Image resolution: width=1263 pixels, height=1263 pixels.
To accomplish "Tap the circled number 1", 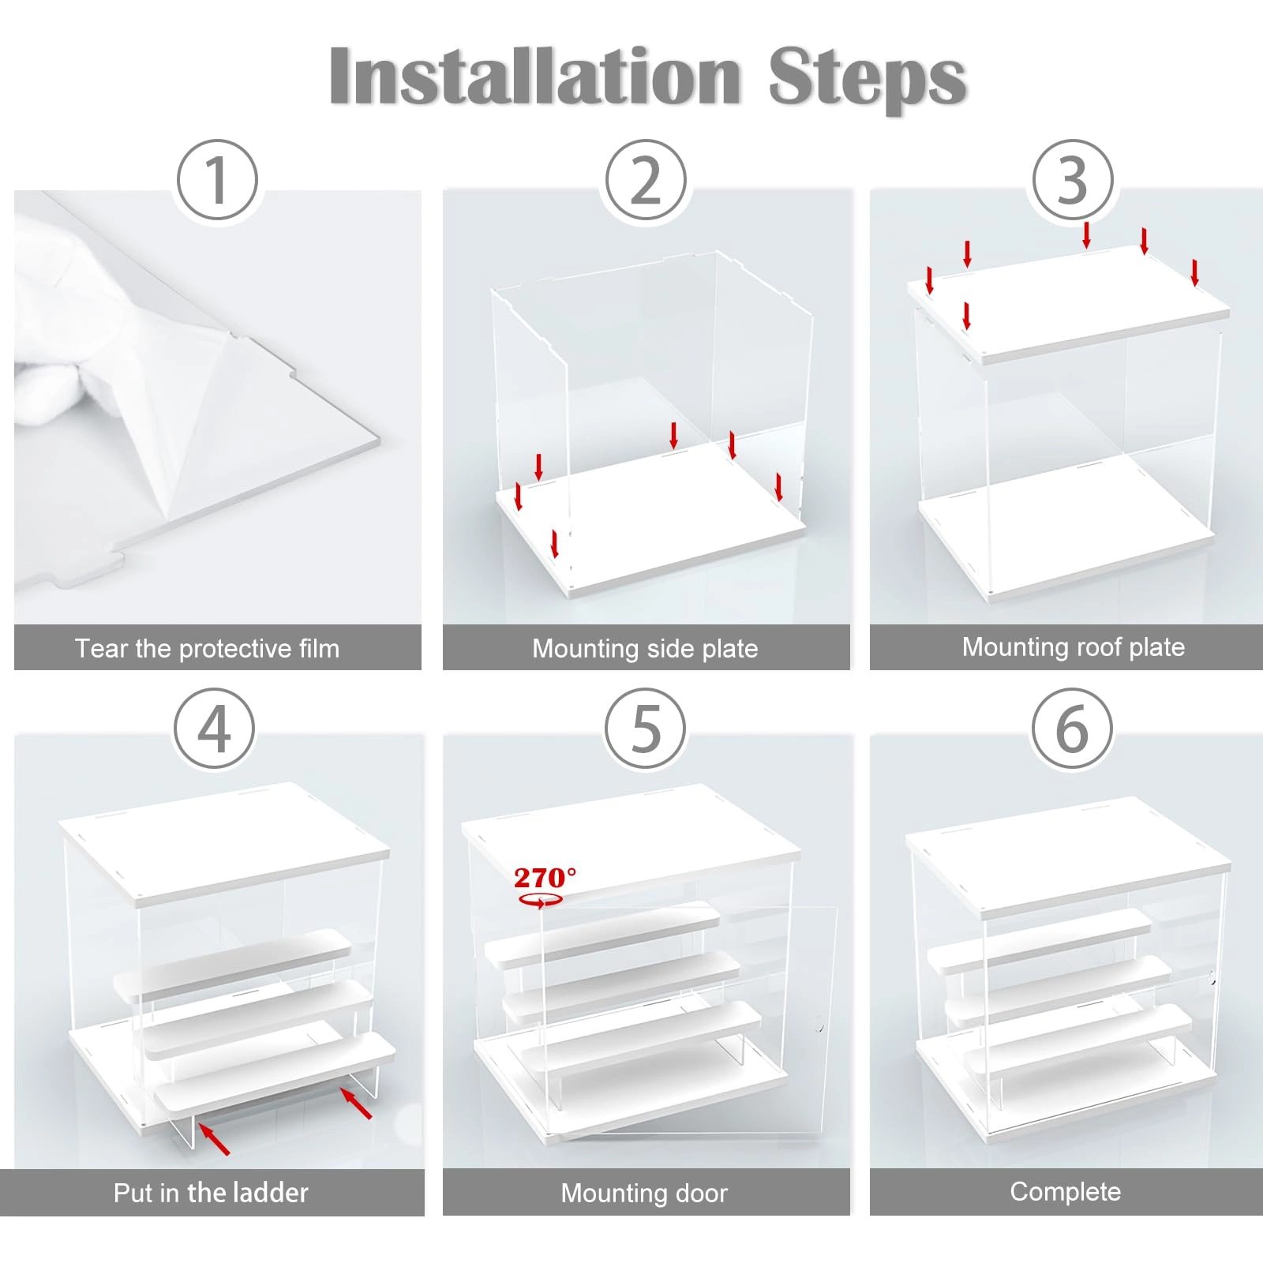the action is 217,181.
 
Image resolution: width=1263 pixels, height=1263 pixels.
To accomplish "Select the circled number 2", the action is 646,181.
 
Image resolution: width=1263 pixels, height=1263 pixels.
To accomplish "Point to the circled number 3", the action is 1073,181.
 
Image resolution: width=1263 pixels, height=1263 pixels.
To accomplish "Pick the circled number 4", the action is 215,729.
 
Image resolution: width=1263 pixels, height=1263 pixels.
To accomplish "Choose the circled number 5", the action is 646,729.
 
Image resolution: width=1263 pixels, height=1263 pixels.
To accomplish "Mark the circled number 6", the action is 1073,729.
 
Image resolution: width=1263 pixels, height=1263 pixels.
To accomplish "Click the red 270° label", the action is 545,877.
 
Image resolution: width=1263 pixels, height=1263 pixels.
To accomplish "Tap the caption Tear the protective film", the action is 208,649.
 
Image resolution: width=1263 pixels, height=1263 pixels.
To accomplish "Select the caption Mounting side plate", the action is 645,649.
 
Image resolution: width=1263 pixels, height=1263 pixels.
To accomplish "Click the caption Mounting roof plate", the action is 1074,647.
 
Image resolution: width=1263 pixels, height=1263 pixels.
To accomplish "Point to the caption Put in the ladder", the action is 211,1192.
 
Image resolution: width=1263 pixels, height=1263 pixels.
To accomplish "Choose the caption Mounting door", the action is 644,1193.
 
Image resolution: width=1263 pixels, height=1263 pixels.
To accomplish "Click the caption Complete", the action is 1066,1191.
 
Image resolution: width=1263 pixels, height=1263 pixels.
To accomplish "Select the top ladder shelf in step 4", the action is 233,965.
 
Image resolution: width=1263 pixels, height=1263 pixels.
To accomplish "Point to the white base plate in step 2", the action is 650,517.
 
